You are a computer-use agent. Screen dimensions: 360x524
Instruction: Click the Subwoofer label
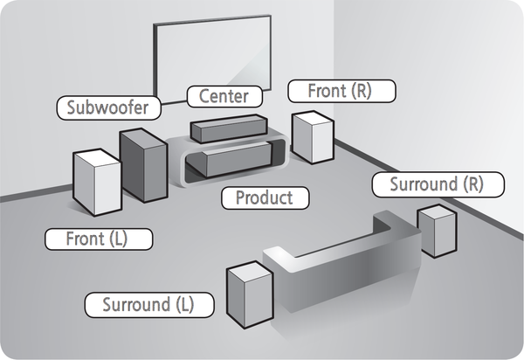click(108, 108)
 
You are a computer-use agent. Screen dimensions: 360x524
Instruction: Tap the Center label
click(224, 94)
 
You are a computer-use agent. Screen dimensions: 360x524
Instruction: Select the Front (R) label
click(341, 90)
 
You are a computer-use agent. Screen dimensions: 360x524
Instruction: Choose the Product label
click(264, 197)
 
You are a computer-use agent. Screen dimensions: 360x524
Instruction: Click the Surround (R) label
click(435, 185)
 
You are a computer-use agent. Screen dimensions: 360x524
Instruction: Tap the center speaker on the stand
click(228, 128)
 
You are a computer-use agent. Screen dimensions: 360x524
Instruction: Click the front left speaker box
click(97, 182)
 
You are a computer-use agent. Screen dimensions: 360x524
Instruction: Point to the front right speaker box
click(313, 137)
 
